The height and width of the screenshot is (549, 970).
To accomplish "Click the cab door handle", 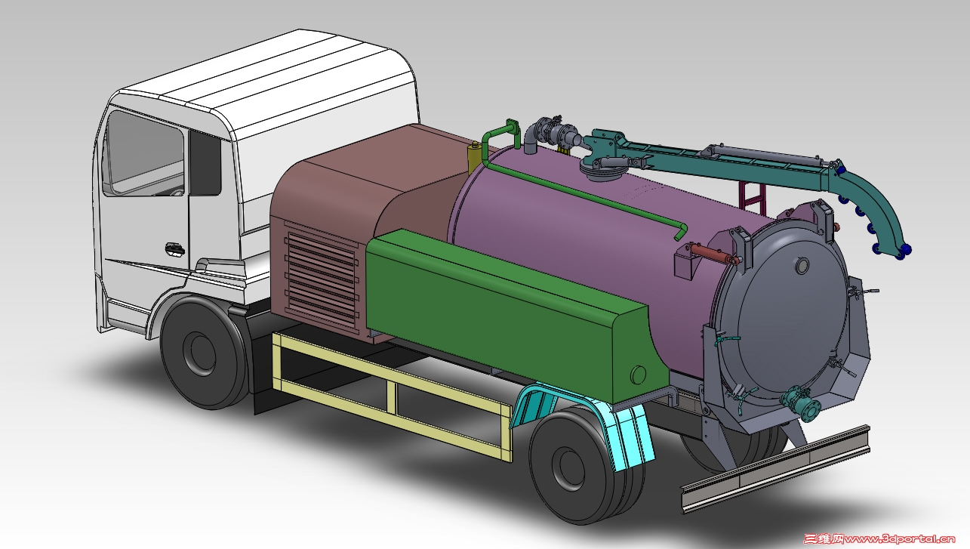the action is [x=175, y=249].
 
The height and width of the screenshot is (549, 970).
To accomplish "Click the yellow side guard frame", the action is [x=392, y=395].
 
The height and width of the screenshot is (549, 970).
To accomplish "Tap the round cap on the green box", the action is [x=638, y=375].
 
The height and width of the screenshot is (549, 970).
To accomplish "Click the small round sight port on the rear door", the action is [x=802, y=265].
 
